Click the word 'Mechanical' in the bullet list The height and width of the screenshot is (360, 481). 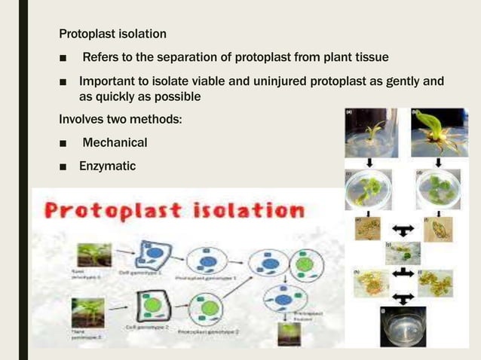(x=115, y=142)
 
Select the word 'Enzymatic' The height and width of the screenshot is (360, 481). (x=108, y=165)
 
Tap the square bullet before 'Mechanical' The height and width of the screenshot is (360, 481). (x=66, y=143)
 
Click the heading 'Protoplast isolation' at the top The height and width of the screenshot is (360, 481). (x=113, y=34)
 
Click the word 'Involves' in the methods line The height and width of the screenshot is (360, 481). (x=81, y=120)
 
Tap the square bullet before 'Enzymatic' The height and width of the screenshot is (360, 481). (x=66, y=166)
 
